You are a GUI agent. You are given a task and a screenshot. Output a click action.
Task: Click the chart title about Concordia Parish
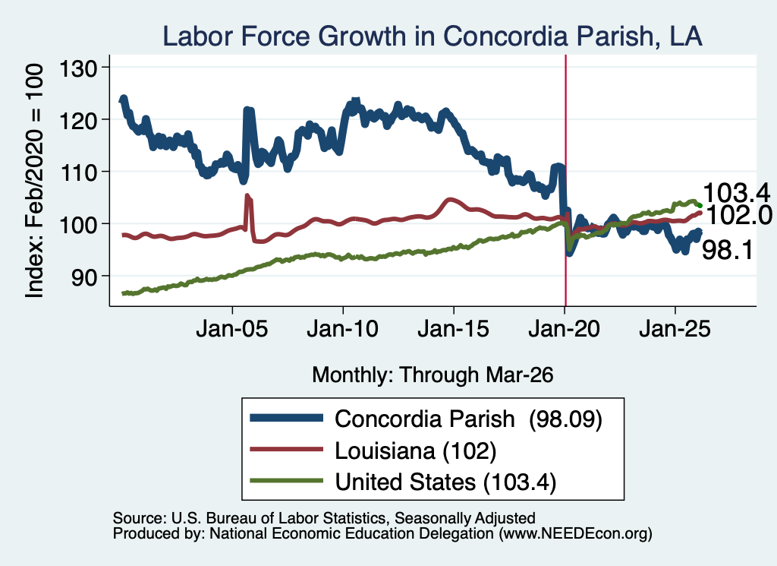pyautogui.click(x=432, y=36)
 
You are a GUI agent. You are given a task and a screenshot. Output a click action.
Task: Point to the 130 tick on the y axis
pyautogui.click(x=78, y=68)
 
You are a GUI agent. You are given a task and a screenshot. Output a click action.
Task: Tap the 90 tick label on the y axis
pyautogui.click(x=83, y=277)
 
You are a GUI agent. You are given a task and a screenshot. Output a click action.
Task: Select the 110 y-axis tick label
pyautogui.click(x=78, y=172)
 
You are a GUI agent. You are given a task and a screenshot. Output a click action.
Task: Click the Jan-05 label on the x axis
pyautogui.click(x=232, y=329)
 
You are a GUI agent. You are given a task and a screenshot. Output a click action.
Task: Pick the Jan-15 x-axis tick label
pyautogui.click(x=454, y=329)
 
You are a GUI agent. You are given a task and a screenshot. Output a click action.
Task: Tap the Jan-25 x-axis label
pyautogui.click(x=675, y=329)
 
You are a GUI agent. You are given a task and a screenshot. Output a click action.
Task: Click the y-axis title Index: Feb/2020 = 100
pyautogui.click(x=34, y=181)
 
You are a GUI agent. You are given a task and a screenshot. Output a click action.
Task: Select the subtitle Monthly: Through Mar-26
pyautogui.click(x=433, y=375)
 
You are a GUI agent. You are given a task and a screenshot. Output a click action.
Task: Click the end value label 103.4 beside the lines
pyautogui.click(x=736, y=192)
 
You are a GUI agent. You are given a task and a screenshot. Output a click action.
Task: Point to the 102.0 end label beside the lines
pyautogui.click(x=738, y=215)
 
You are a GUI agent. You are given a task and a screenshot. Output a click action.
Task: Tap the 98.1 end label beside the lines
pyautogui.click(x=728, y=249)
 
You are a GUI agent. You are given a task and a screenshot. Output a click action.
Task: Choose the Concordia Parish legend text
pyautogui.click(x=468, y=419)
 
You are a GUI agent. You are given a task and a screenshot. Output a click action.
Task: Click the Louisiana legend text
pyautogui.click(x=416, y=451)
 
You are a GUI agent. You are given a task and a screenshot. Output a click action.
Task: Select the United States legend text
pyautogui.click(x=445, y=482)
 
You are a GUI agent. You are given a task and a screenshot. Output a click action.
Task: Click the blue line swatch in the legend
pyautogui.click(x=286, y=418)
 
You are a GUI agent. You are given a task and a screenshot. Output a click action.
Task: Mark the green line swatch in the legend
pyautogui.click(x=286, y=481)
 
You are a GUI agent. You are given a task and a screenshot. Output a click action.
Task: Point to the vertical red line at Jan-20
pyautogui.click(x=565, y=181)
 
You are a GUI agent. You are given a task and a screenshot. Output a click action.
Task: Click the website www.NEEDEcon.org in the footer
pyautogui.click(x=575, y=534)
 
